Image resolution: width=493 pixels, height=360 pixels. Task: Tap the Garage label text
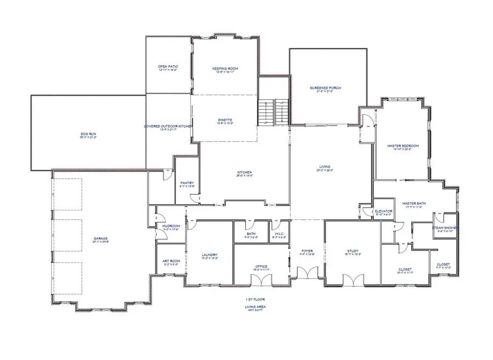click(x=100, y=238)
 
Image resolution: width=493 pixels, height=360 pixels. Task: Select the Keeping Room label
click(x=225, y=68)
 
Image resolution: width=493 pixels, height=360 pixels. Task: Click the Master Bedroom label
click(x=403, y=146)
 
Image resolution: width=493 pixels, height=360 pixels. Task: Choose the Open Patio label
click(x=168, y=66)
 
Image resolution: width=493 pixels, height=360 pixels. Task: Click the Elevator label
click(x=383, y=212)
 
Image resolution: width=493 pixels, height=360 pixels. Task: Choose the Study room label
click(x=353, y=252)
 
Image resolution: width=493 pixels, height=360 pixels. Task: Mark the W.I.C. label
click(x=279, y=234)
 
